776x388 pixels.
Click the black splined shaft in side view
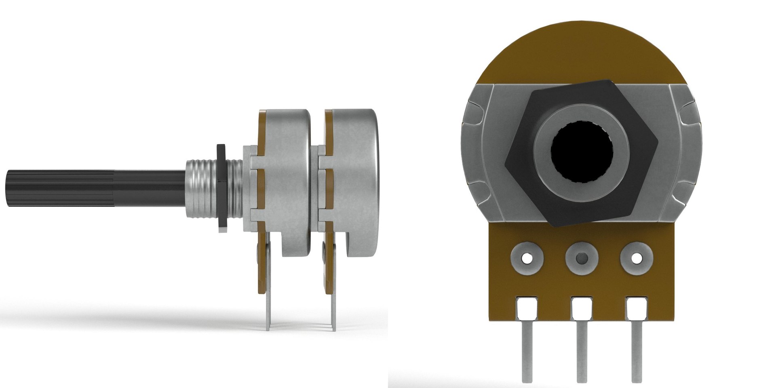click(93, 189)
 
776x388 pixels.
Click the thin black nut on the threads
click(221, 188)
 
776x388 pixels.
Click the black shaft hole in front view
click(582, 156)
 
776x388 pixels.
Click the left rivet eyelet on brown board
click(527, 257)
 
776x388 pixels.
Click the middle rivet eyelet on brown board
click(582, 257)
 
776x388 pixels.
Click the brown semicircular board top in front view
click(582, 57)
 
